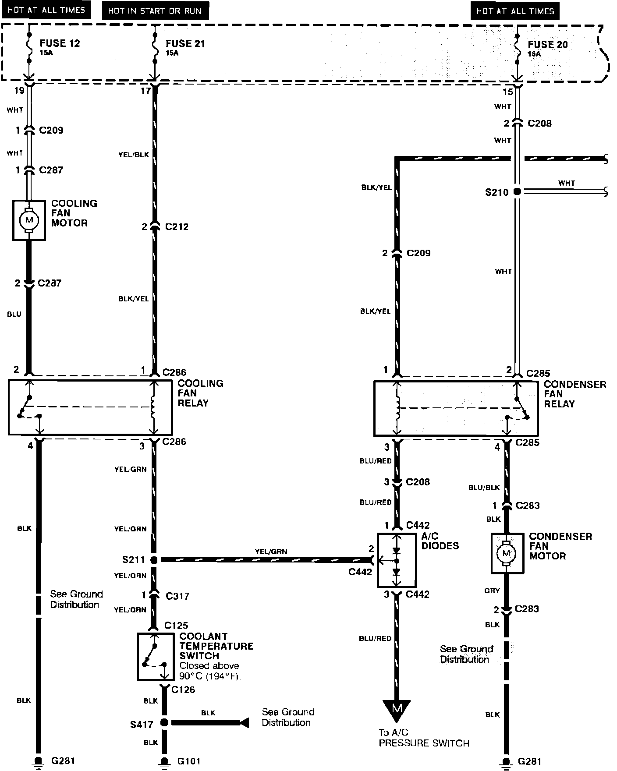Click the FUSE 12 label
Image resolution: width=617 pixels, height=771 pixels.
pyautogui.click(x=60, y=43)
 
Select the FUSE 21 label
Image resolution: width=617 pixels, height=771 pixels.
pyautogui.click(x=185, y=44)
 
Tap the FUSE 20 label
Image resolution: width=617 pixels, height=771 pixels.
pyautogui.click(x=547, y=45)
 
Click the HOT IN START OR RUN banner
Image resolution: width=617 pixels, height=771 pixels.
pyautogui.click(x=155, y=11)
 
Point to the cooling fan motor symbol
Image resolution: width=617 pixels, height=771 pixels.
pyautogui.click(x=29, y=220)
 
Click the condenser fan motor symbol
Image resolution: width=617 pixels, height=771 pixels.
pyautogui.click(x=507, y=553)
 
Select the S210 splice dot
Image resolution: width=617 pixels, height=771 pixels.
pyautogui.click(x=517, y=191)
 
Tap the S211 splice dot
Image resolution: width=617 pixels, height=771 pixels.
pyautogui.click(x=154, y=560)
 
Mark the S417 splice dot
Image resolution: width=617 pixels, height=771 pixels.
pyautogui.click(x=164, y=722)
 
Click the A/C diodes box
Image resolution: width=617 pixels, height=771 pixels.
pyautogui.click(x=397, y=560)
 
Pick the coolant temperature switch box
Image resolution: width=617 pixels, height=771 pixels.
pyautogui.click(x=153, y=656)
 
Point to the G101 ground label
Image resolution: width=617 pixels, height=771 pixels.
pyautogui.click(x=189, y=761)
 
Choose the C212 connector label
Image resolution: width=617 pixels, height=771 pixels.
pyautogui.click(x=177, y=227)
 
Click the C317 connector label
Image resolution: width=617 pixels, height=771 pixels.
pyautogui.click(x=177, y=596)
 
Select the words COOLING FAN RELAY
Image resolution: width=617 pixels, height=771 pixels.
pyautogui.click(x=200, y=393)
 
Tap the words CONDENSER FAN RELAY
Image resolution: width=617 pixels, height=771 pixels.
pyautogui.click(x=574, y=394)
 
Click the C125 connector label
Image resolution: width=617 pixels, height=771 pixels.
pyautogui.click(x=176, y=625)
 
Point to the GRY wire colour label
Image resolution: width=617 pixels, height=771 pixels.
pyautogui.click(x=492, y=591)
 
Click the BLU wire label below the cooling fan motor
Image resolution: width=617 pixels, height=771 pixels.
pyautogui.click(x=14, y=314)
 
